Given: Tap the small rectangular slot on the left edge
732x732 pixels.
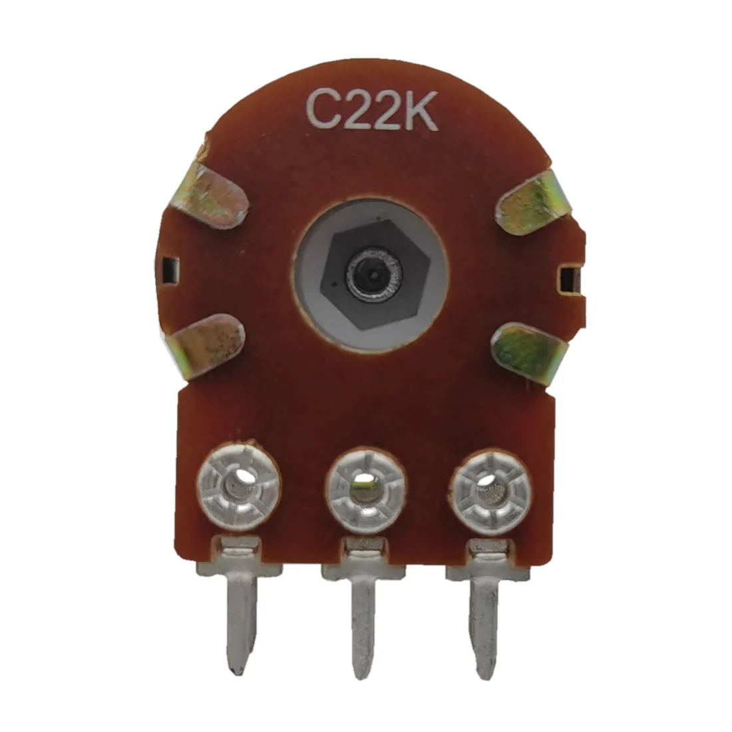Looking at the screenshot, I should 170,270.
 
